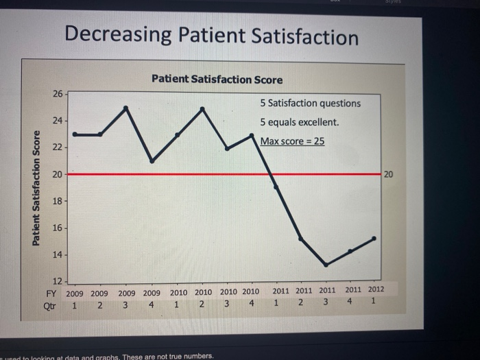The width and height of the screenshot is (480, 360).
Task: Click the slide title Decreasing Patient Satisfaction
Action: pos(211,35)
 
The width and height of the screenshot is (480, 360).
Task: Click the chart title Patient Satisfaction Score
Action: pos(217,80)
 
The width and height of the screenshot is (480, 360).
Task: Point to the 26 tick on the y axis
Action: pos(57,93)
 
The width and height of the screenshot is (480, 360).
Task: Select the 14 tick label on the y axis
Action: pos(57,254)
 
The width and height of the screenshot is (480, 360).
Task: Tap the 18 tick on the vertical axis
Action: pos(57,201)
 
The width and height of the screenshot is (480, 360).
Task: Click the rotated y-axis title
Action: pos(34,187)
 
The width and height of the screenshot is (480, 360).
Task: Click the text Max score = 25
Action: pos(291,141)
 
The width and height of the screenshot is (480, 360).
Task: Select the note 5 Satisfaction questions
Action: pos(310,103)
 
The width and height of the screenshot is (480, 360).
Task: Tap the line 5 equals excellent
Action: pos(299,122)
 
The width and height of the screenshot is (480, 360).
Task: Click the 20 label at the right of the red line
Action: pos(388,175)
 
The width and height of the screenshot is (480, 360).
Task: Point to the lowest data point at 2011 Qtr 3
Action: pos(326,265)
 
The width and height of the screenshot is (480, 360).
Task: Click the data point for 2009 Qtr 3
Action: pos(125,108)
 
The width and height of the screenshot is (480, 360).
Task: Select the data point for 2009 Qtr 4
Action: pos(152,161)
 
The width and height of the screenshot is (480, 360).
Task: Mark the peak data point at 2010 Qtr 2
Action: pos(202,108)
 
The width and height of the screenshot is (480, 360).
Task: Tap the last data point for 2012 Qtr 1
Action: pos(374,238)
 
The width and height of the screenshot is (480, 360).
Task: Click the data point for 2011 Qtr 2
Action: pos(301,238)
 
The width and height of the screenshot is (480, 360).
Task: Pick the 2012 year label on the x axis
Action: pos(374,290)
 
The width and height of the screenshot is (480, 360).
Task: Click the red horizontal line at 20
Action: pos(171,174)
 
